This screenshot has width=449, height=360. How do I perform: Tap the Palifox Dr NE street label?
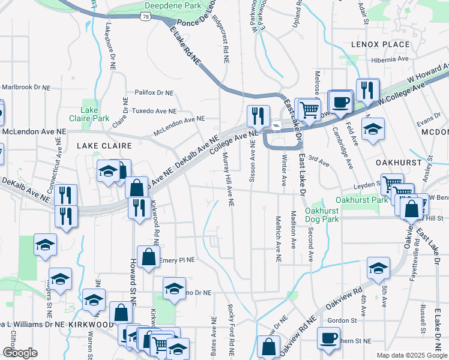(154, 92)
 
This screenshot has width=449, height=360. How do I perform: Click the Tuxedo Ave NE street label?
(155, 111)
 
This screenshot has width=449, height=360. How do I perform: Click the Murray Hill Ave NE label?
(230, 179)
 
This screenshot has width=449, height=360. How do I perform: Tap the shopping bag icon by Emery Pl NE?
(148, 256)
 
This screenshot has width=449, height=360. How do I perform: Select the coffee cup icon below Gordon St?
(328, 337)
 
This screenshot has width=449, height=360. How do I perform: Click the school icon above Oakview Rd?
(378, 267)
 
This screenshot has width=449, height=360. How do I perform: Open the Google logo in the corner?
(20, 353)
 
